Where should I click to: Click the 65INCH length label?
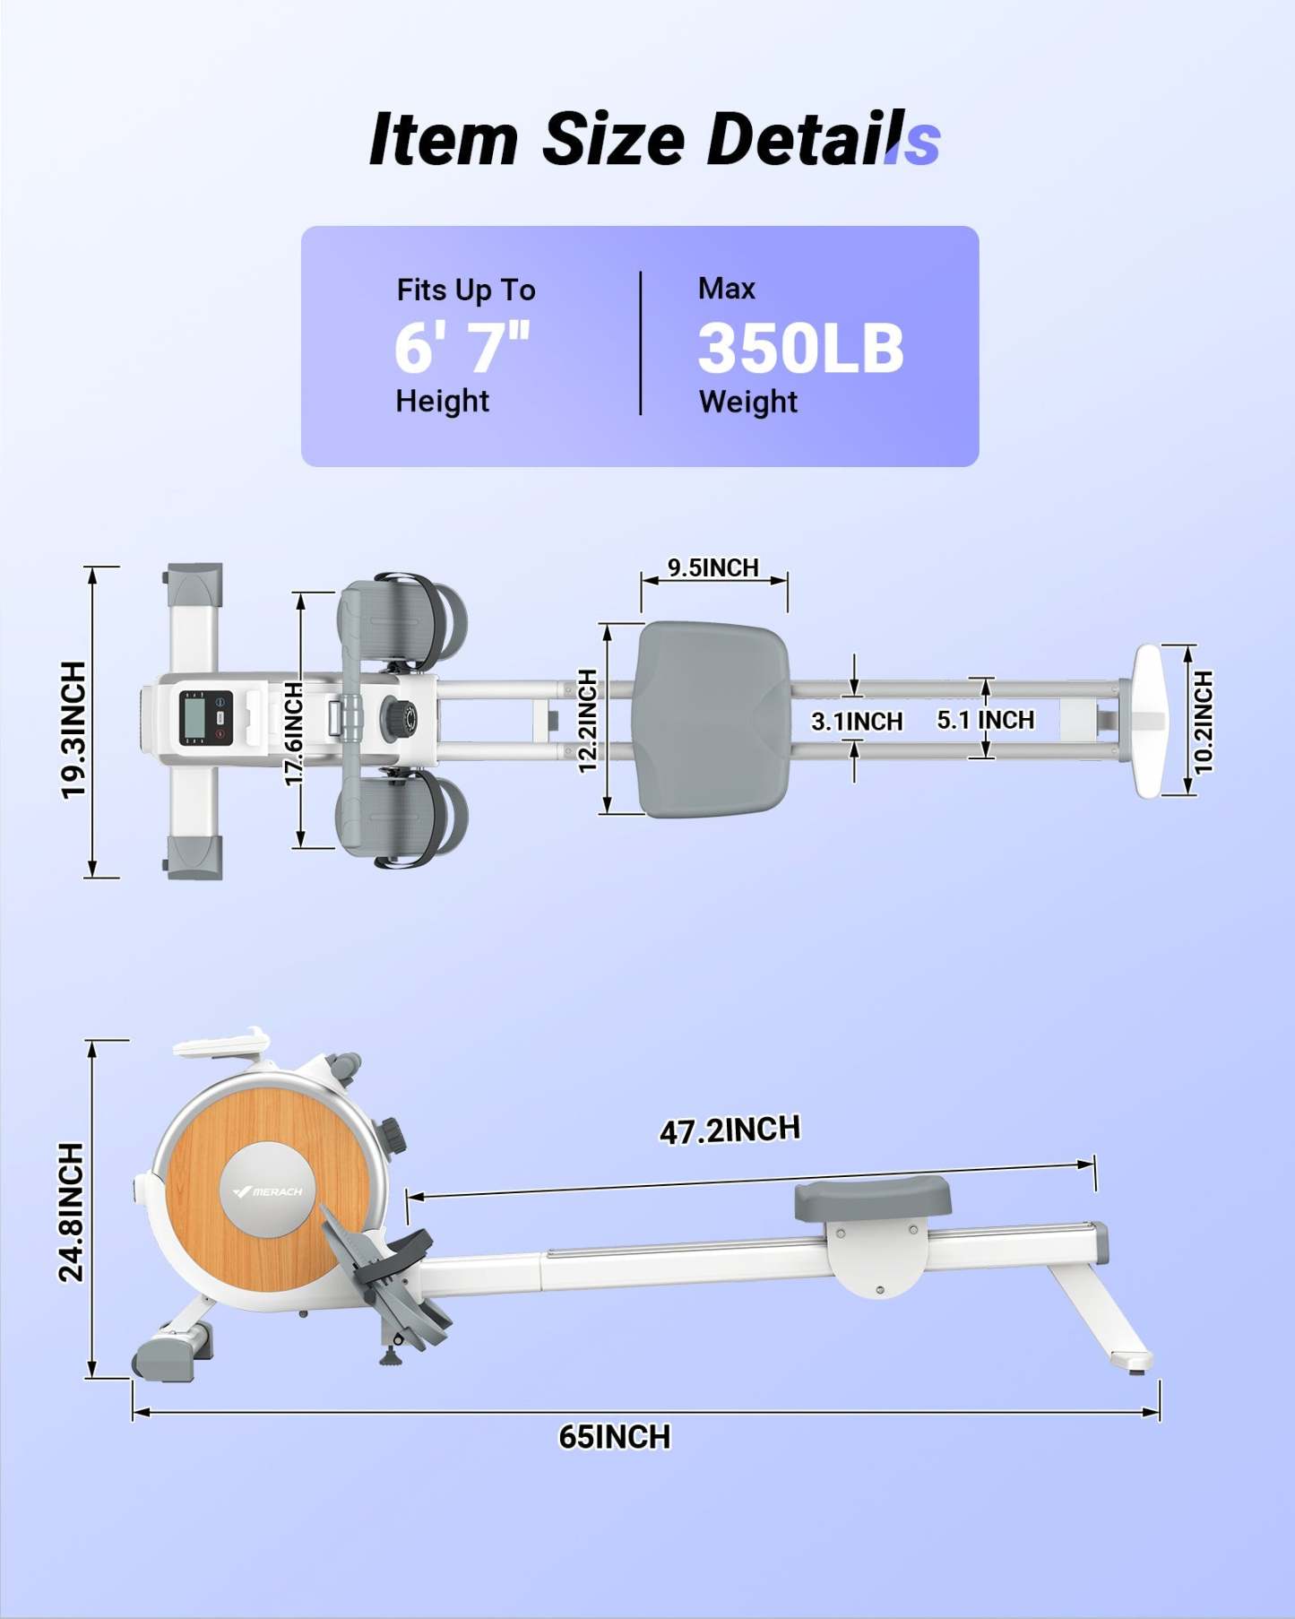pos(614,1437)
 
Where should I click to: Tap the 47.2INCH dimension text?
pos(730,1130)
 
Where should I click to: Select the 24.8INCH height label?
pos(71,1211)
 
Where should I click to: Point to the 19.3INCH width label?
pos(73,729)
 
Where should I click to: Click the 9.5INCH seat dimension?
pos(712,567)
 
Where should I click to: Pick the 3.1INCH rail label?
pos(856,721)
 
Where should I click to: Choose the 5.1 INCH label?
pos(985,720)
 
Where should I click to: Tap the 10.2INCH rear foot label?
pos(1204,722)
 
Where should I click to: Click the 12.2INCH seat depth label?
pos(587,721)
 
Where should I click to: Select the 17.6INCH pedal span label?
pos(294,733)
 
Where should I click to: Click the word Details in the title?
pos(822,140)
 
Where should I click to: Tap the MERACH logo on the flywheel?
pos(268,1191)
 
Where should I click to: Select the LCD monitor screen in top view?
pos(196,718)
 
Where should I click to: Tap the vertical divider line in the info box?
pos(641,343)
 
